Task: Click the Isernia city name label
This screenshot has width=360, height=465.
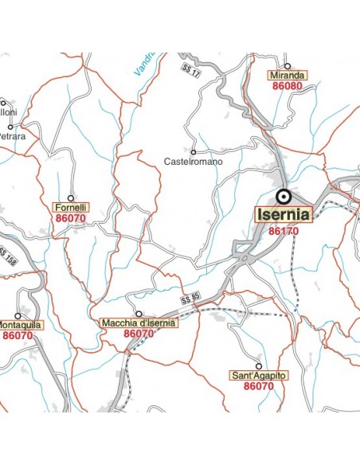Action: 284,215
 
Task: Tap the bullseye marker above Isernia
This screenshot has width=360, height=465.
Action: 283,196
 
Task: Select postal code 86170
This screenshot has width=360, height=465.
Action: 283,231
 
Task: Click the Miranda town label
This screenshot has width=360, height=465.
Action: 288,75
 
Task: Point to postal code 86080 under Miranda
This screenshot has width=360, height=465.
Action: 288,85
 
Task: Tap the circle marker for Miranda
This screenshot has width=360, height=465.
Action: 288,65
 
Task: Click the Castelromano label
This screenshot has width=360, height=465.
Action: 194,162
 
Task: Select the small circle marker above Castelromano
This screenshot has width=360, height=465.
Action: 194,151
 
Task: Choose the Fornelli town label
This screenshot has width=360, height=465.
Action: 70,207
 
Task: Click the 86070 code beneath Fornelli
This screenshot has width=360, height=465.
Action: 70,217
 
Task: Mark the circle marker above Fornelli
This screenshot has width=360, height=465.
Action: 70,197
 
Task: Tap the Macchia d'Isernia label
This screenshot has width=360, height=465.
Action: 139,323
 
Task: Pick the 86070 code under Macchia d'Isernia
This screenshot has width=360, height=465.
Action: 139,334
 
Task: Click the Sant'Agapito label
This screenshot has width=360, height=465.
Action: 259,375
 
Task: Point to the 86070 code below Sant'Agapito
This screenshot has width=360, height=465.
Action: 259,386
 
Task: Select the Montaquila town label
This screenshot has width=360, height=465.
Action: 19,325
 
